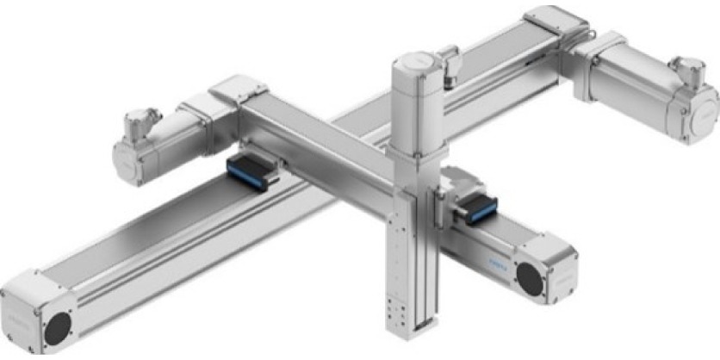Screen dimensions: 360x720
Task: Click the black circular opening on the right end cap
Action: [528, 276]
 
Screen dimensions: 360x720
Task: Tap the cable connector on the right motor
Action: [687, 69]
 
